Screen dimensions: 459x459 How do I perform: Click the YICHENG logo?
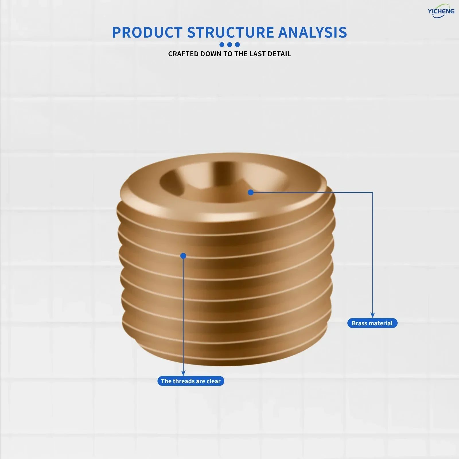click(441, 11)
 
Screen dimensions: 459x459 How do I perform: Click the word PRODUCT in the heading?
click(147, 32)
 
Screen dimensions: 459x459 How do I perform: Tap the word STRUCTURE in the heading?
click(231, 32)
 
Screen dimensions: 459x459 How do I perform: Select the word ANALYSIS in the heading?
click(313, 32)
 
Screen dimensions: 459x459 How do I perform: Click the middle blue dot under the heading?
click(229, 44)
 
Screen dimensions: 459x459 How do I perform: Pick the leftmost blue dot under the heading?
click(222, 44)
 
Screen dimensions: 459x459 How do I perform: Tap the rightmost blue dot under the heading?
click(237, 44)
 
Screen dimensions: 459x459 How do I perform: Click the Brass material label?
click(372, 323)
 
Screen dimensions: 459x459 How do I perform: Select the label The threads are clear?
click(191, 381)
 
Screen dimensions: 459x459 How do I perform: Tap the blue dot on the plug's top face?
click(251, 192)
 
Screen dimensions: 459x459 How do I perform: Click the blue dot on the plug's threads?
click(183, 256)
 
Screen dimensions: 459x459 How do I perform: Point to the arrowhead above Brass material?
click(372, 315)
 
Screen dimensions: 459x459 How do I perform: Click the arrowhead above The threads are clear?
click(183, 373)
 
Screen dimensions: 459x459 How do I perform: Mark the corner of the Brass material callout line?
click(372, 192)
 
